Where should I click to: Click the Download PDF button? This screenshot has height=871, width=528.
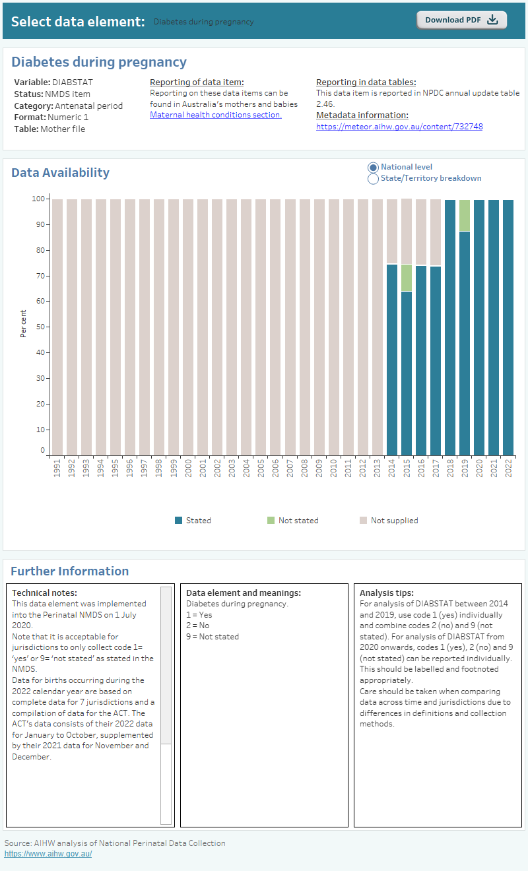click(461, 20)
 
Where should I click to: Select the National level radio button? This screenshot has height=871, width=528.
click(373, 168)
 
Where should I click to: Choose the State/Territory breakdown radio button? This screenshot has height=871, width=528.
click(373, 179)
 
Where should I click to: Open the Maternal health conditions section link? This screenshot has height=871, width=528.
click(215, 115)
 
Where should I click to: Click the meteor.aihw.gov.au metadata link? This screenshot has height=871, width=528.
click(399, 127)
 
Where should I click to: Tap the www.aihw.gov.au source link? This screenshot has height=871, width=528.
click(48, 854)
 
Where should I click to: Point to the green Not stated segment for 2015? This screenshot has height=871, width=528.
click(407, 278)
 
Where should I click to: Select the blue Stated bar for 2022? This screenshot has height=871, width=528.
click(508, 327)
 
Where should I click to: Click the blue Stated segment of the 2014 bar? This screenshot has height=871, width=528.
click(392, 360)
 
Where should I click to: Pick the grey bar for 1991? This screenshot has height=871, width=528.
click(58, 327)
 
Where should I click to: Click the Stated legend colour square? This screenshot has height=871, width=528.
click(178, 521)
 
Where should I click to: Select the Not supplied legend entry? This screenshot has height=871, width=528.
click(394, 521)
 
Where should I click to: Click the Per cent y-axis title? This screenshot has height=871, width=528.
click(24, 323)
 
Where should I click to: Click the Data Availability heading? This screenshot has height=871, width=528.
click(61, 173)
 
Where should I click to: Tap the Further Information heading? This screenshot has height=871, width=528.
click(70, 571)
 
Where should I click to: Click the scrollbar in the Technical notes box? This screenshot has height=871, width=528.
click(166, 666)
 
